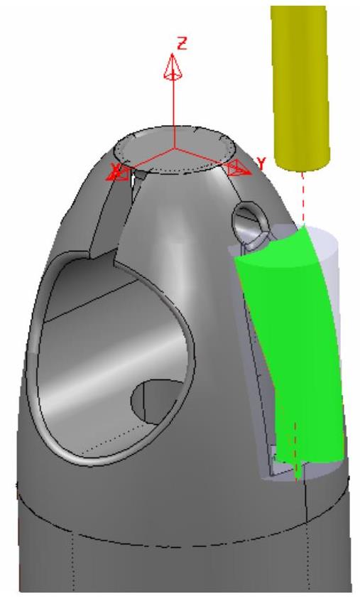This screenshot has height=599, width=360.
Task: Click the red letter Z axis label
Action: (x=182, y=43)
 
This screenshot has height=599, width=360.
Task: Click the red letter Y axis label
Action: (x=261, y=164)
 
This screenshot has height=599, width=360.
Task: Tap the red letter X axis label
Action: (x=114, y=168)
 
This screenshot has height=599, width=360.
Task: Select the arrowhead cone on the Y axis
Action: (x=239, y=168)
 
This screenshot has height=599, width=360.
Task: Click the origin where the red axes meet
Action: (x=175, y=148)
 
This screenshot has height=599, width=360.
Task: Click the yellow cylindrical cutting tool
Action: (x=300, y=88)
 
